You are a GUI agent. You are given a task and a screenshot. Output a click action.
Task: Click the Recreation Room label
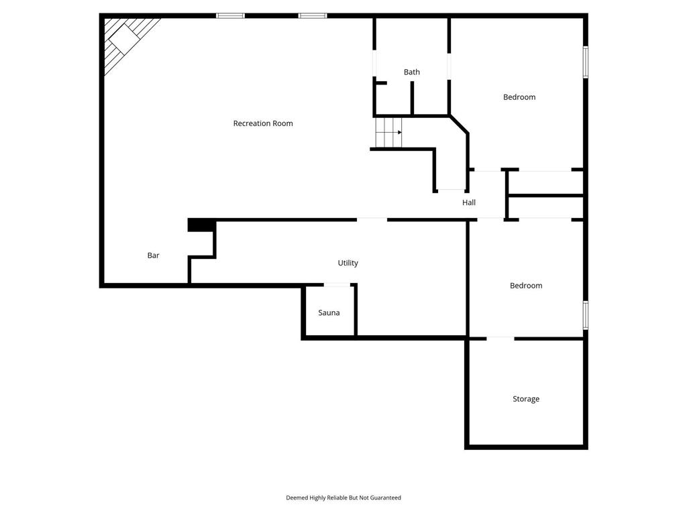(x=263, y=123)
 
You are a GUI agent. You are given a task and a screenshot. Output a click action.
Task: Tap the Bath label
(x=412, y=72)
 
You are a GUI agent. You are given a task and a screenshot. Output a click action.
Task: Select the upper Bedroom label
(x=519, y=97)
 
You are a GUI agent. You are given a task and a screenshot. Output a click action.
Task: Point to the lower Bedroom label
(x=526, y=286)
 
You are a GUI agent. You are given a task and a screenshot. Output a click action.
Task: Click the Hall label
(x=469, y=203)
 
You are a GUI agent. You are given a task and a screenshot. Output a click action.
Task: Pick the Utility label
(x=348, y=264)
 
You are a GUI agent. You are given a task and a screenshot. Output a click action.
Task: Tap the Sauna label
(x=329, y=313)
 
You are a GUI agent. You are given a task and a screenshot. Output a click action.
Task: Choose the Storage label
(x=526, y=400)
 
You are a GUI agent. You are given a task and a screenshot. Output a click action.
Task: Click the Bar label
(x=154, y=255)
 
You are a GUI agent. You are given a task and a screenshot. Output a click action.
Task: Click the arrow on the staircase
(x=399, y=132)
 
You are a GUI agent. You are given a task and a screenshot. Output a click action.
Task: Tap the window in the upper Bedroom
(x=586, y=62)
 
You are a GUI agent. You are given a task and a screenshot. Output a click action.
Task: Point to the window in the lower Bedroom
(x=586, y=315)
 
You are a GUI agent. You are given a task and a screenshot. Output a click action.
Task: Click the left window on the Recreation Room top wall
(x=230, y=15)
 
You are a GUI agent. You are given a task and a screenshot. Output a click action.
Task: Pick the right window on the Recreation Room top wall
(x=313, y=15)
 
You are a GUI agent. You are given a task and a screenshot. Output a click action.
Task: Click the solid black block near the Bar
(x=201, y=226)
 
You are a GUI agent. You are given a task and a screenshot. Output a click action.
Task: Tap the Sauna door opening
(x=337, y=286)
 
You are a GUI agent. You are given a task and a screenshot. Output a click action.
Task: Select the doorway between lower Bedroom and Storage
(x=500, y=338)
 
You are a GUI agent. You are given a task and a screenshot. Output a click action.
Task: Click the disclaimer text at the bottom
(x=343, y=498)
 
